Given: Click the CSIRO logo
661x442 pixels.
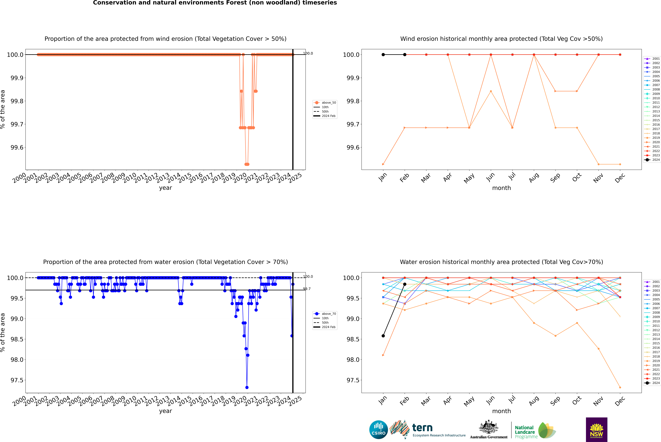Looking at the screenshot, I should pos(378,430).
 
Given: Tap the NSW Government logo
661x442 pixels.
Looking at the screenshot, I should pos(596,430).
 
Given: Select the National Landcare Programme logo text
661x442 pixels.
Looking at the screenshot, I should pos(525,432).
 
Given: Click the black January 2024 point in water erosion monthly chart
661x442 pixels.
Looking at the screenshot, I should pos(383,336).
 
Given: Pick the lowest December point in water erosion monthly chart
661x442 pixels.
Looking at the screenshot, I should pos(620,387).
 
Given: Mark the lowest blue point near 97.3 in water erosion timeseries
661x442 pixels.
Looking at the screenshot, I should pos(247,387).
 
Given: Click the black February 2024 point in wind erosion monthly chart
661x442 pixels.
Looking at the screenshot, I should pos(405,55).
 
